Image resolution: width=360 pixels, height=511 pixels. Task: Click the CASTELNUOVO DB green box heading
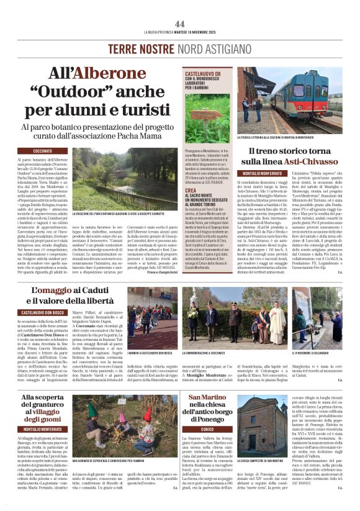pyautogui.click(x=208, y=79)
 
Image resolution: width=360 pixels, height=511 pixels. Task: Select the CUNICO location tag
pyautogui.click(x=206, y=428)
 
